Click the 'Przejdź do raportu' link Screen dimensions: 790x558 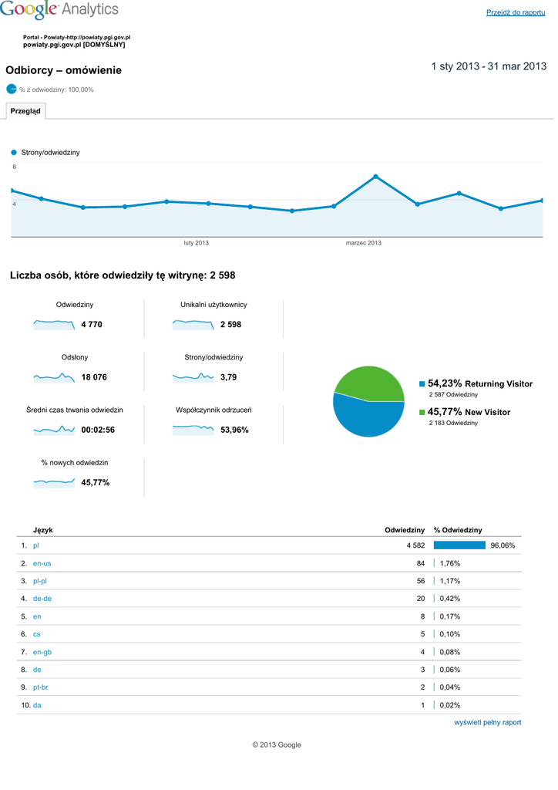tap(516, 12)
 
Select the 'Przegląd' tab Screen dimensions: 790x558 tap(25, 111)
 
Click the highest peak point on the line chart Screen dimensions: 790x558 tap(375, 177)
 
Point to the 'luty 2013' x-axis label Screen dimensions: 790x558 tap(196, 243)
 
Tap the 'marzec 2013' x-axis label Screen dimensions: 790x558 tap(363, 243)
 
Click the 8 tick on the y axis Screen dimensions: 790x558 tap(14, 167)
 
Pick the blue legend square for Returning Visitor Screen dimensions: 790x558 tap(422, 384)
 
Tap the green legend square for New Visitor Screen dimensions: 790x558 tap(422, 413)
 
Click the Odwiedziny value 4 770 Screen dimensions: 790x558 tap(92, 325)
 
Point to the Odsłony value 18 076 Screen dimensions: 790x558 tap(94, 377)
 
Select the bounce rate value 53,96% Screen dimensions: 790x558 tap(234, 430)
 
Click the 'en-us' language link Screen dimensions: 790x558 tap(42, 563)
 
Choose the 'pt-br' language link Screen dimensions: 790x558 tap(40, 687)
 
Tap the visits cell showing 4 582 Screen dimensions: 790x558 tap(415, 545)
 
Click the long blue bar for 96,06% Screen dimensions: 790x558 tap(459, 545)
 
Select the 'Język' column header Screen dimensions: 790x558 tap(43, 530)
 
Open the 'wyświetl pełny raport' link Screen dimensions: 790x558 tap(487, 723)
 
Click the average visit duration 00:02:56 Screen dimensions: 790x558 tap(98, 430)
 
